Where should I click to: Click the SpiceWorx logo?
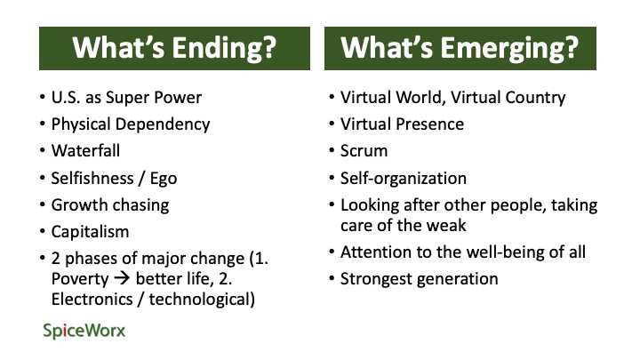(x=84, y=331)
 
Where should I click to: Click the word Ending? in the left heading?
(x=224, y=48)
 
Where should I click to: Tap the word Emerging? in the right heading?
(x=509, y=48)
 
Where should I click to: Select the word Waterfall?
(x=85, y=150)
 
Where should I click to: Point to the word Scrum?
(x=364, y=151)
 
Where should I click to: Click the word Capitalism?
(x=90, y=232)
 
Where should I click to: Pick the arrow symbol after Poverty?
(x=122, y=279)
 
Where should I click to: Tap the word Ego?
(x=164, y=179)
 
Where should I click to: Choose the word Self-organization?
(x=404, y=179)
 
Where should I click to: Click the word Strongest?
(x=376, y=279)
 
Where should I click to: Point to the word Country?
(x=535, y=98)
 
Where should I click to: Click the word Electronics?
(x=92, y=300)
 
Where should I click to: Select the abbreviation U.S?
(x=66, y=98)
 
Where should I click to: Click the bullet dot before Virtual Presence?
(x=332, y=124)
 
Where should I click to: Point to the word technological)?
(x=202, y=300)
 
